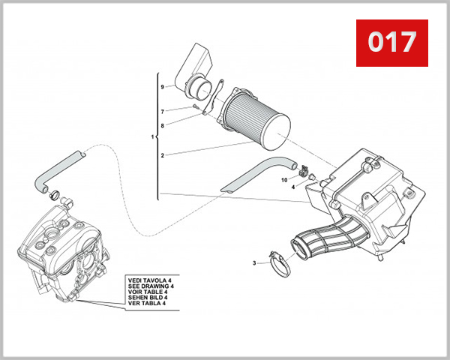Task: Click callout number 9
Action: tap(161, 87)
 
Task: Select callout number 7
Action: tap(161, 112)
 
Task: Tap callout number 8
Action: tap(161, 125)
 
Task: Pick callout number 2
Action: tap(161, 155)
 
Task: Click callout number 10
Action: tap(284, 180)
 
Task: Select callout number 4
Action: tap(293, 187)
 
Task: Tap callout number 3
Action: tap(255, 263)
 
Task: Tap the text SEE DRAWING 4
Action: tap(150, 286)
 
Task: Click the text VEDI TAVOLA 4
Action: tap(150, 279)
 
